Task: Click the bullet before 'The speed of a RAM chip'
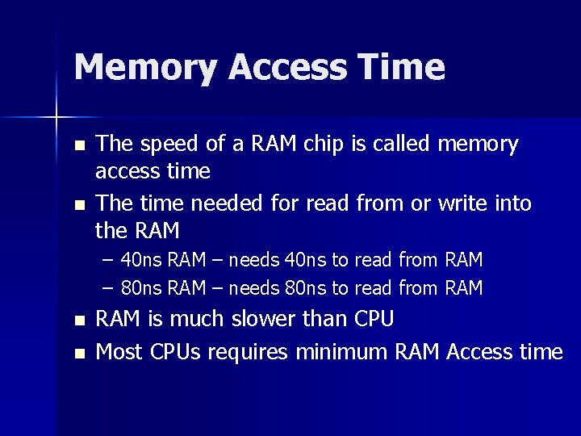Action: click(x=78, y=146)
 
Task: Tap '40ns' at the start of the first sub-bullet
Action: click(x=142, y=260)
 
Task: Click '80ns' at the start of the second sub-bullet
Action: click(x=142, y=288)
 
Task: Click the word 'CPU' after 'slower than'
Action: click(x=374, y=320)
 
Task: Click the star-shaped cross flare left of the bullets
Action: click(x=56, y=118)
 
